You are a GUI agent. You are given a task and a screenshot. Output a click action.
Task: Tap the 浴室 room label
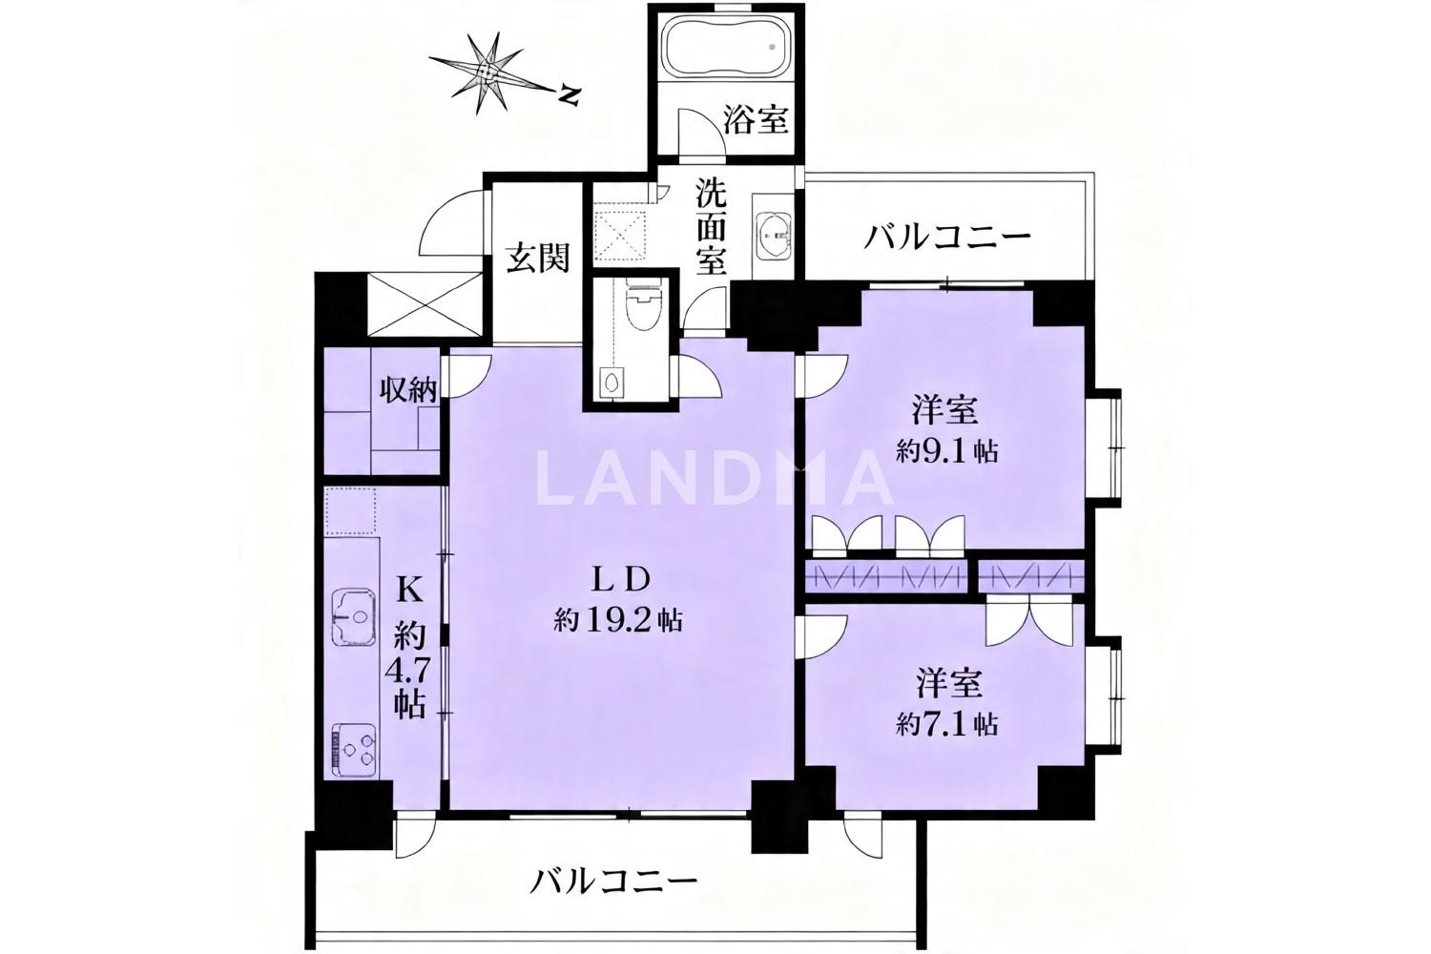click(756, 120)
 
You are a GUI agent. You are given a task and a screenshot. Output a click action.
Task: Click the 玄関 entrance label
click(538, 259)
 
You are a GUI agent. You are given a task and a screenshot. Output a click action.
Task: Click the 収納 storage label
click(409, 390)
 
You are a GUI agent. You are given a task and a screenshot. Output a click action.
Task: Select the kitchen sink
click(352, 617)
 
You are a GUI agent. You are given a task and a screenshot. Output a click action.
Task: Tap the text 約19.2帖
click(618, 619)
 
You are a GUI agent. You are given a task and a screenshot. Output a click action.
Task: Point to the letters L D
click(622, 580)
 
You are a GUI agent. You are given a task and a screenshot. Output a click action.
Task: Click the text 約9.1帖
click(946, 452)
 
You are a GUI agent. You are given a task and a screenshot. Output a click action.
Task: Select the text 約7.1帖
click(946, 725)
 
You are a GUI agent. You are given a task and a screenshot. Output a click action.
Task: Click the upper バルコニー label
click(946, 238)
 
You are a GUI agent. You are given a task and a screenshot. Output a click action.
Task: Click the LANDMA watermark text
click(713, 477)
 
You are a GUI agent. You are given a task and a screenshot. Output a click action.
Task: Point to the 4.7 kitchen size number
click(409, 673)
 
